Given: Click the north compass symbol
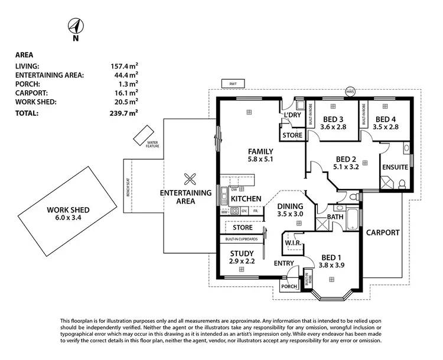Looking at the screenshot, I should pos(75,27).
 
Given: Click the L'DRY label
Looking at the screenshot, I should pos(293,115).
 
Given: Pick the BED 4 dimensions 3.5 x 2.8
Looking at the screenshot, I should pos(387,126).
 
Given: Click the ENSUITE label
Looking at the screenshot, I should pos(395,167).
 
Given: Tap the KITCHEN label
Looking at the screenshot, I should pos(246,199).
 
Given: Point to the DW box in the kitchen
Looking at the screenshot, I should pos(234,189).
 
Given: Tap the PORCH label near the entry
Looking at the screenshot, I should pos(289,286).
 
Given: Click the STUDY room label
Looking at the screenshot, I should pos(242,254).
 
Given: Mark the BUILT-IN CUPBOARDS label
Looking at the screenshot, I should pos(242,239).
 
